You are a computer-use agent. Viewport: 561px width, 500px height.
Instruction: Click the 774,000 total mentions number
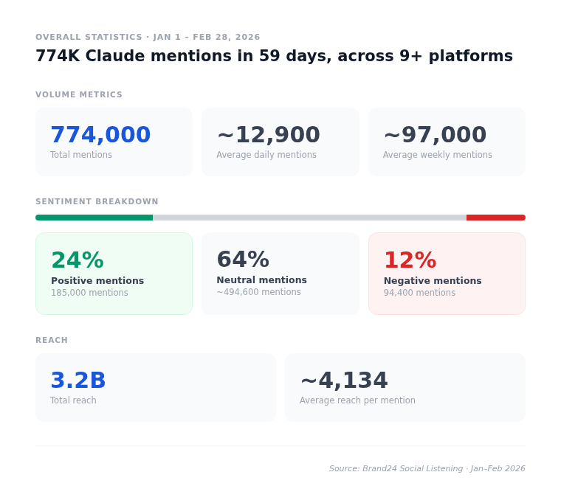(100, 135)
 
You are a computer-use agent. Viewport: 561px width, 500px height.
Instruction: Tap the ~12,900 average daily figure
(268, 135)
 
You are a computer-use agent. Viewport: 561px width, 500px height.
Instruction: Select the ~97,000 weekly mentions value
(435, 135)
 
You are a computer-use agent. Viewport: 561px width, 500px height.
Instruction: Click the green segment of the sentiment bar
(94, 218)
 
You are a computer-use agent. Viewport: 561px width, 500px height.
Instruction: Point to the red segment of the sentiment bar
(495, 218)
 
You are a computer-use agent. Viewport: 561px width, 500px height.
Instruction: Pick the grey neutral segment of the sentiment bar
(309, 218)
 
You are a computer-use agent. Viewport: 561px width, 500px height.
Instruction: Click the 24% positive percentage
(77, 260)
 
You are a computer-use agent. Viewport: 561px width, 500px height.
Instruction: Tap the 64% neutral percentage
(242, 260)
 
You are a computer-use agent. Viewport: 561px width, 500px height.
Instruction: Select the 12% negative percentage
(410, 260)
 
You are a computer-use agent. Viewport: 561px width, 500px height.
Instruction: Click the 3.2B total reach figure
(78, 381)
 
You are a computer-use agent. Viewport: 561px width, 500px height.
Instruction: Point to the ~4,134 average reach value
(343, 381)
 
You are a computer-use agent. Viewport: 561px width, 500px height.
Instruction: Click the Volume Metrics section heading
(79, 95)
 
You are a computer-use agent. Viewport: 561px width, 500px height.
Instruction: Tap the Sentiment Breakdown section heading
(97, 202)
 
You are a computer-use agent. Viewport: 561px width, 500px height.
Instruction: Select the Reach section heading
(52, 341)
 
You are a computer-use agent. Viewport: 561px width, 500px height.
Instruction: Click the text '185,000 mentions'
(89, 293)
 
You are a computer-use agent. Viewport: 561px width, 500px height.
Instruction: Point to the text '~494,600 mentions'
(258, 292)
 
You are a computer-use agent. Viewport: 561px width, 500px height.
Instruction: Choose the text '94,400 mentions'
(419, 293)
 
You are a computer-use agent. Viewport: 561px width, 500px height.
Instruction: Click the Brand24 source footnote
(427, 468)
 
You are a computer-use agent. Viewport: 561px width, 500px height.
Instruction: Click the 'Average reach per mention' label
(357, 400)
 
